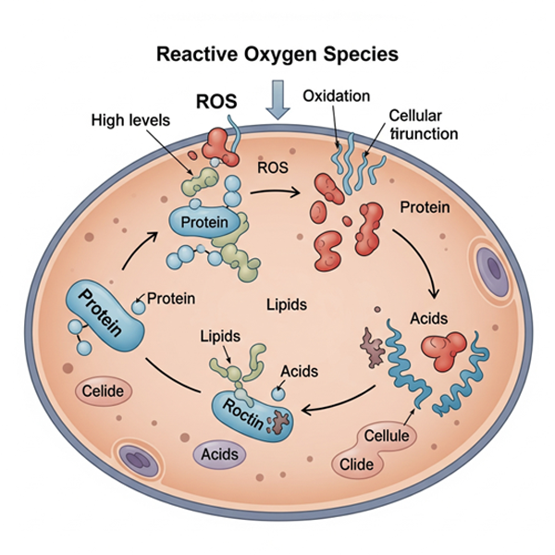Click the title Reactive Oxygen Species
tap(277, 54)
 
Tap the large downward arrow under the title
tap(277, 99)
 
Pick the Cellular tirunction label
tap(421, 125)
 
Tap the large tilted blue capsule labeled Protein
tap(103, 314)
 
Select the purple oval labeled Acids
tap(221, 454)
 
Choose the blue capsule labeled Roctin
tap(249, 411)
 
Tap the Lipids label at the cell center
tap(286, 304)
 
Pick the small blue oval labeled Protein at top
tap(204, 222)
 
